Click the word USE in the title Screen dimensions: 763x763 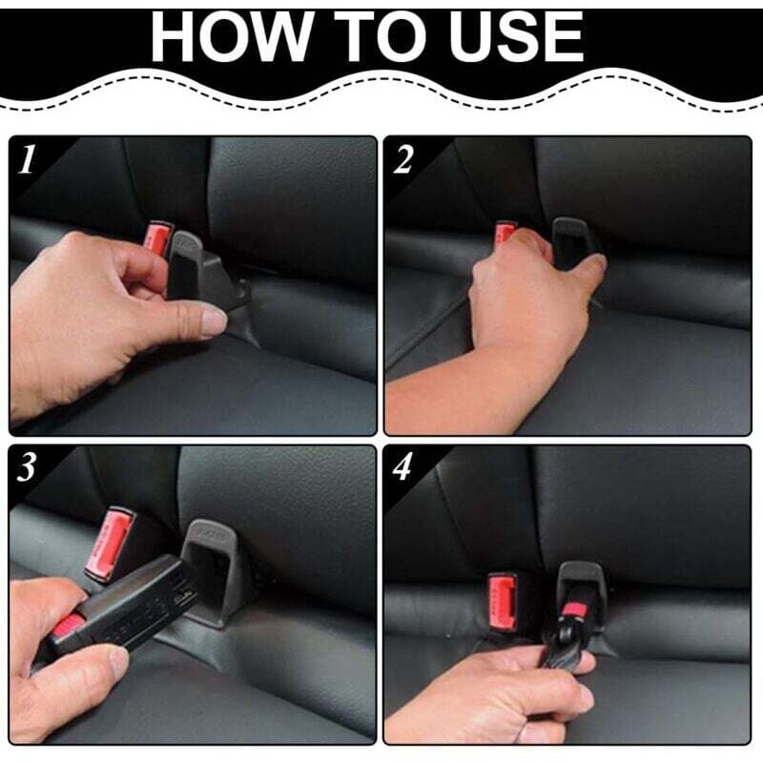click(516, 37)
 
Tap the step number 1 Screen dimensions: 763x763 click(27, 159)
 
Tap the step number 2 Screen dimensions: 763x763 click(402, 159)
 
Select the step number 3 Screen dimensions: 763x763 click(27, 467)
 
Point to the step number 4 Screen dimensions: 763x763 click(402, 467)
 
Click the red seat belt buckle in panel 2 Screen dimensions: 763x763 click(505, 232)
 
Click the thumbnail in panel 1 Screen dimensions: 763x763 click(214, 322)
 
